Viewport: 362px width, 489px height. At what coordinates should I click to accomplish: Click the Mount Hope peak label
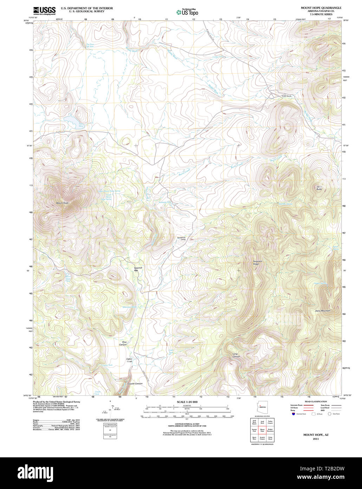62,203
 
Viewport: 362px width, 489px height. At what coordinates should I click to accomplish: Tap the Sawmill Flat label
138,269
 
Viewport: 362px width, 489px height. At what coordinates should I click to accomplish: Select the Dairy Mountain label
322,311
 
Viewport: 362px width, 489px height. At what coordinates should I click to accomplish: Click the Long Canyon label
236,355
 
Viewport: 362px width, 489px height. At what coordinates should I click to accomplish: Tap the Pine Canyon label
123,343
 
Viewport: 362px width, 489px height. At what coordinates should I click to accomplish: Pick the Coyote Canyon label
135,383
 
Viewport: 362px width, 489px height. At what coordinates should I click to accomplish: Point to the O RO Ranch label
286,96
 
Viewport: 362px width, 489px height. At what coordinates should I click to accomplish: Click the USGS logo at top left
44,11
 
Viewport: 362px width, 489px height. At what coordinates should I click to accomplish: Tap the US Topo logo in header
187,12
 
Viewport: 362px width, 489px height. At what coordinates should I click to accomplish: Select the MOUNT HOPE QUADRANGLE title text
321,8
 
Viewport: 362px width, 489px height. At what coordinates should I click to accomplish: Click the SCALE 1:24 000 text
187,402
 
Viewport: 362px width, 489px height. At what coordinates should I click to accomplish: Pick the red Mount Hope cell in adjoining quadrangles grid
262,430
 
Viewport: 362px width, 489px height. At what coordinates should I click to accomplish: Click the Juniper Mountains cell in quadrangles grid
270,430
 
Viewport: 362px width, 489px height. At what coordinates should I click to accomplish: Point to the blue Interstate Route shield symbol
293,414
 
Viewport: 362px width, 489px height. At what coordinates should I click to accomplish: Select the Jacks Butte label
319,188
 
